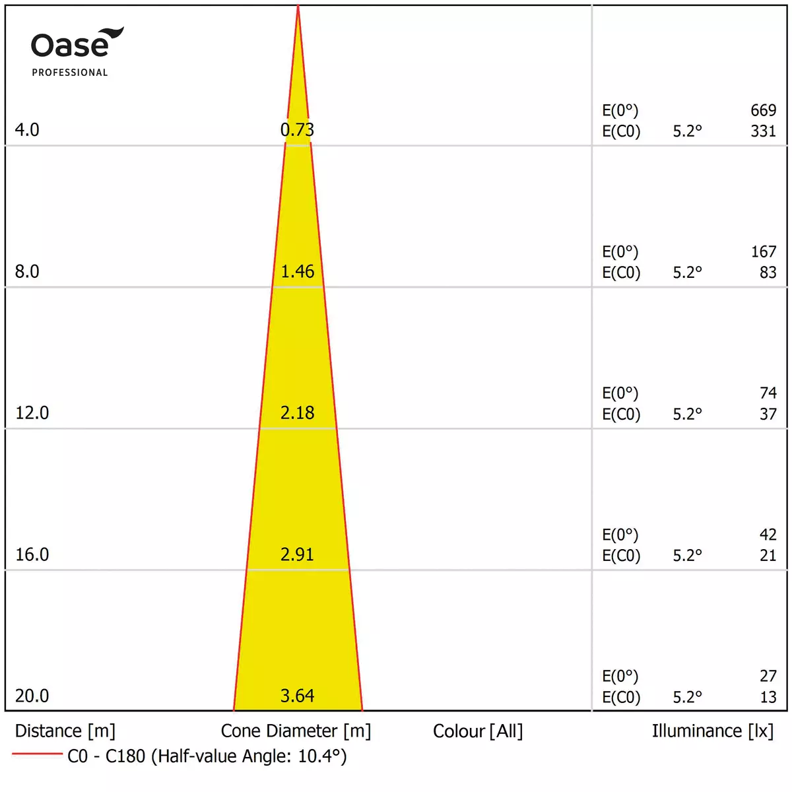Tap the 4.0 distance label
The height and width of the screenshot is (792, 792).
(x=27, y=130)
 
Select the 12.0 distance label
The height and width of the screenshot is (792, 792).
(x=32, y=413)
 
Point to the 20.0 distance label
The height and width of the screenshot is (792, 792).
(x=32, y=696)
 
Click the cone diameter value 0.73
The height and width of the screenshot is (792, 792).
(x=297, y=130)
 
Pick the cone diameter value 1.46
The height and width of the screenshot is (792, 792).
(x=297, y=271)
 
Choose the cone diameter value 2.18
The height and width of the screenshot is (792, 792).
(x=297, y=413)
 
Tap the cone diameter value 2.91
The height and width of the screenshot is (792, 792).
(x=297, y=554)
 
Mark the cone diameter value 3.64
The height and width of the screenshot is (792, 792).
(x=297, y=696)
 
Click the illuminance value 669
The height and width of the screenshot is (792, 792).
(x=763, y=110)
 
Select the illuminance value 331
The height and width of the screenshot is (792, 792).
(x=763, y=131)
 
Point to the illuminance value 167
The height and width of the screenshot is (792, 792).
(x=763, y=251)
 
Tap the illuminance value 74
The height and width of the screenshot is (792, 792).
(x=768, y=393)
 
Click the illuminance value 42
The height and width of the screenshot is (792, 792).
(x=768, y=535)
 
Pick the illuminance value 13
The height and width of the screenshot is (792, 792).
(x=768, y=698)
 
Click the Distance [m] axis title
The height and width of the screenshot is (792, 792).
(x=65, y=731)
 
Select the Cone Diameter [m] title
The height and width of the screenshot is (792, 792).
(x=296, y=731)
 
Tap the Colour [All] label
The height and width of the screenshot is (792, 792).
(x=478, y=731)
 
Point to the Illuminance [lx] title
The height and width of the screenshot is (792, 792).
(x=712, y=731)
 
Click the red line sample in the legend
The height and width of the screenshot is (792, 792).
(x=37, y=754)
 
